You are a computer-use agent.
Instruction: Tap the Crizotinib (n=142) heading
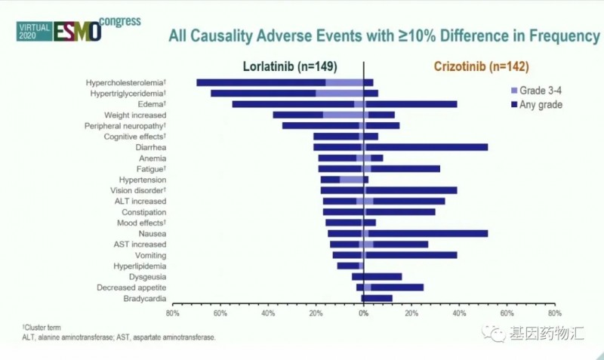click(x=481, y=66)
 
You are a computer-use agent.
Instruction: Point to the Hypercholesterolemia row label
click(x=126, y=82)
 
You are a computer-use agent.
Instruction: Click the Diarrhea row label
click(x=151, y=147)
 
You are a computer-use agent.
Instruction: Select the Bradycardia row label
click(x=145, y=299)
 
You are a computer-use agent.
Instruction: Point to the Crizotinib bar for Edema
click(x=411, y=104)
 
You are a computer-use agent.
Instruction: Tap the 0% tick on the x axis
click(x=363, y=312)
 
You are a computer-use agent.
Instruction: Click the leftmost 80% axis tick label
click(x=172, y=312)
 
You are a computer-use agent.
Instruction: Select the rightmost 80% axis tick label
click(x=554, y=312)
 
